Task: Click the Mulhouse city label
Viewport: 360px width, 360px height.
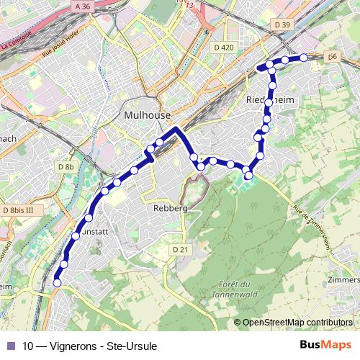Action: coord(147,115)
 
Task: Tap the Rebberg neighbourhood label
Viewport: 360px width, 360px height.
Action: coord(170,208)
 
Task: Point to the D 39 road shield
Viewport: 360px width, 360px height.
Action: coord(282,25)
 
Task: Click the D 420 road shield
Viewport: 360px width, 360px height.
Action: coord(224,48)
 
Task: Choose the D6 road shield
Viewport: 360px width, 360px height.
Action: coord(332,55)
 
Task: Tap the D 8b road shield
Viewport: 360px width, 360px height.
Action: coord(66,166)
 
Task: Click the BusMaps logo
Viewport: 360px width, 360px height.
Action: coord(326,345)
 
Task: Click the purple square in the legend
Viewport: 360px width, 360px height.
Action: coord(10,346)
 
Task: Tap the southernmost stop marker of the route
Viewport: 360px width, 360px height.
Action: coord(57,284)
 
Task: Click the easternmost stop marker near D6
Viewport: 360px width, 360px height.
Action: coord(304,57)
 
